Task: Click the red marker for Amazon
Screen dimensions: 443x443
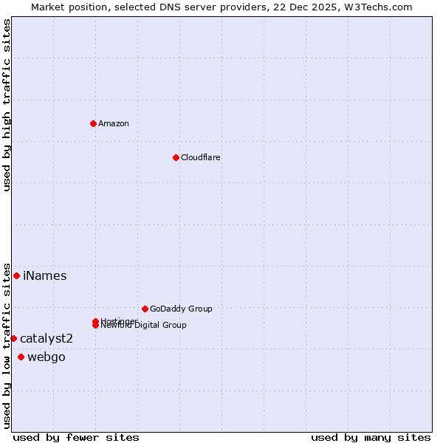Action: (x=93, y=123)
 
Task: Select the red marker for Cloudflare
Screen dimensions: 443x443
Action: (x=176, y=157)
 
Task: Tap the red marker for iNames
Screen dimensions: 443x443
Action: (x=16, y=275)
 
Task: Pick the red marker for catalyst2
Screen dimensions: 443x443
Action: (x=13, y=338)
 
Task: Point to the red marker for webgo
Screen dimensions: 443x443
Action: (x=21, y=357)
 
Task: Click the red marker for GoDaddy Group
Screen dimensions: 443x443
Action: (x=145, y=309)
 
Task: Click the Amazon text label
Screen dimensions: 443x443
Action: (x=114, y=123)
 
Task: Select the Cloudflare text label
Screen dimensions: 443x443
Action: (x=201, y=157)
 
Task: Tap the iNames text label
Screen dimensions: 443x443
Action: (x=45, y=276)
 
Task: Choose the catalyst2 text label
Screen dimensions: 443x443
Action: (x=47, y=339)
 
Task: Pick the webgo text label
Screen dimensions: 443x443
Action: (x=47, y=357)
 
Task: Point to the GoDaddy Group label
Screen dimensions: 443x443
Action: (x=181, y=309)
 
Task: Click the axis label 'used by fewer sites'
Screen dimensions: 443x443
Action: (x=76, y=437)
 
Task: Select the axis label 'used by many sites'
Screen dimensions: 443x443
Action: (x=371, y=437)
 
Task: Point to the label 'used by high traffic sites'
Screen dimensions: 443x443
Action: (x=7, y=105)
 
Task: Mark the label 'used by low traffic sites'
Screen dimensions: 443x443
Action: (x=7, y=345)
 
